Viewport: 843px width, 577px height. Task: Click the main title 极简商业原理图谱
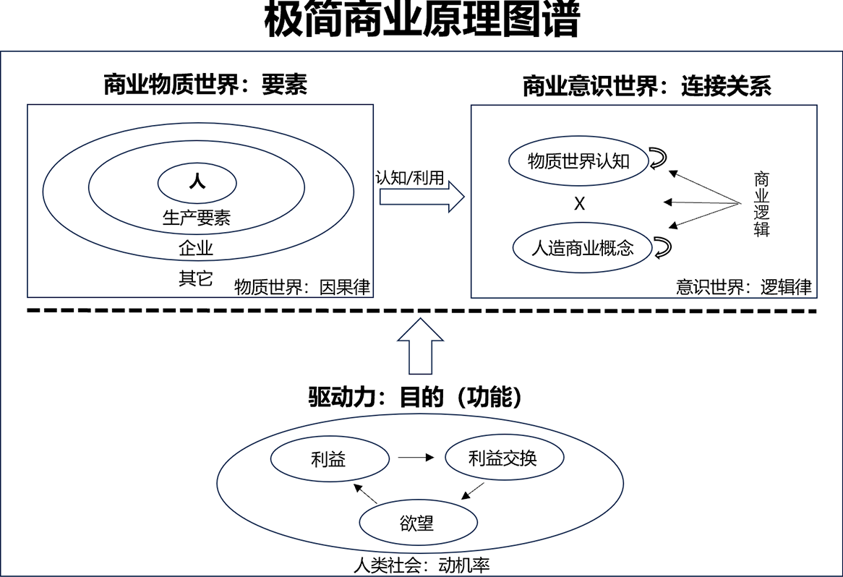422,20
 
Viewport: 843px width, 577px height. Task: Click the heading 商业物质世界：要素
205,85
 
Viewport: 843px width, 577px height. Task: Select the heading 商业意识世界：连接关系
647,86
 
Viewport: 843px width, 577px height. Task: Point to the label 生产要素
197,217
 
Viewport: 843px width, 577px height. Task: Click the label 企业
196,248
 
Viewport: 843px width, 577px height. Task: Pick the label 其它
196,278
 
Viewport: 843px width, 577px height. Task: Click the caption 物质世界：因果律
302,286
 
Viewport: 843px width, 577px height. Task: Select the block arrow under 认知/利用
422,197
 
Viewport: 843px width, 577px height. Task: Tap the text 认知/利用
410,177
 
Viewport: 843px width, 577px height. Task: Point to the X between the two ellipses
579,204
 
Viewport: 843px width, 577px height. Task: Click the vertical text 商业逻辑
761,205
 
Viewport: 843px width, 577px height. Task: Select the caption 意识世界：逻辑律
743,286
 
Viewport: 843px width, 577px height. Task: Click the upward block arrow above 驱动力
421,346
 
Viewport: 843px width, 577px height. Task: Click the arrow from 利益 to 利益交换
416,458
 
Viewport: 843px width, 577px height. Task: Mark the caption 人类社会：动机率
421,565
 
